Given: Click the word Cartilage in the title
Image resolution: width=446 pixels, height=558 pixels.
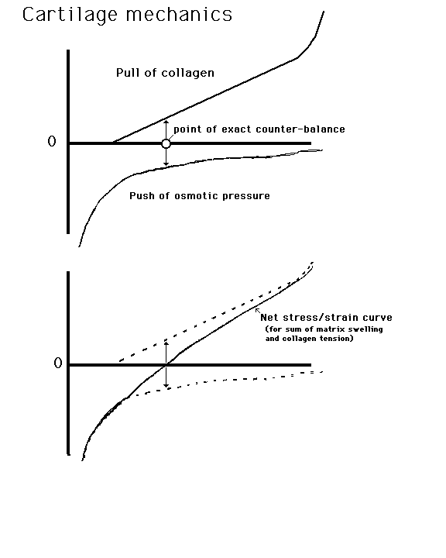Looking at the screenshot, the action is coord(70,15).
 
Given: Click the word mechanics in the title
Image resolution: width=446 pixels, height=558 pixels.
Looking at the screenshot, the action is coord(180,15).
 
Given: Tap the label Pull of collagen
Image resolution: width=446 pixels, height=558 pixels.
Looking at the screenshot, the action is coord(165,73).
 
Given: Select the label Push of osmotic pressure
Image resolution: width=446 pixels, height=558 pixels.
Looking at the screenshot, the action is coord(200,196).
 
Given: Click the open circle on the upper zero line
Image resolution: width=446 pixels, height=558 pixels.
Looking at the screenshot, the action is coord(166,144).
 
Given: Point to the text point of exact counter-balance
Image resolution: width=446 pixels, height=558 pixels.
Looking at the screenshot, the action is coord(259,129).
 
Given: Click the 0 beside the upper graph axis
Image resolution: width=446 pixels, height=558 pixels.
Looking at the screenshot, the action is coord(52,142).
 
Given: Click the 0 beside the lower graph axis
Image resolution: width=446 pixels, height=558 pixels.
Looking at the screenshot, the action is coord(58,363).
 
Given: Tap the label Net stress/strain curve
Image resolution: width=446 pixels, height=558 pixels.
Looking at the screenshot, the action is coord(326,318).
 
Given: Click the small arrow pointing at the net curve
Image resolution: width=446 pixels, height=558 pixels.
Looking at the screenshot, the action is coord(258,311).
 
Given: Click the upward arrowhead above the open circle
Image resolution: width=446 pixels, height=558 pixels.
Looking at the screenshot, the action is coord(166,122).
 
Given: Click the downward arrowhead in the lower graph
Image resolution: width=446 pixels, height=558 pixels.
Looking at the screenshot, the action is coord(166,385).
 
